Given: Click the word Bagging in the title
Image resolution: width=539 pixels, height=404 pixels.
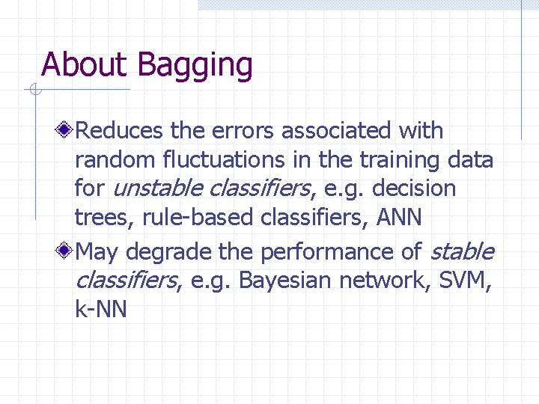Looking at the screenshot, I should (195, 66).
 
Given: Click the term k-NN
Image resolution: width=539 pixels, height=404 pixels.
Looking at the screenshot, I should (101, 309).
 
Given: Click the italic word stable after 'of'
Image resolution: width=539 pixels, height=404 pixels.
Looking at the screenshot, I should (463, 252).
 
